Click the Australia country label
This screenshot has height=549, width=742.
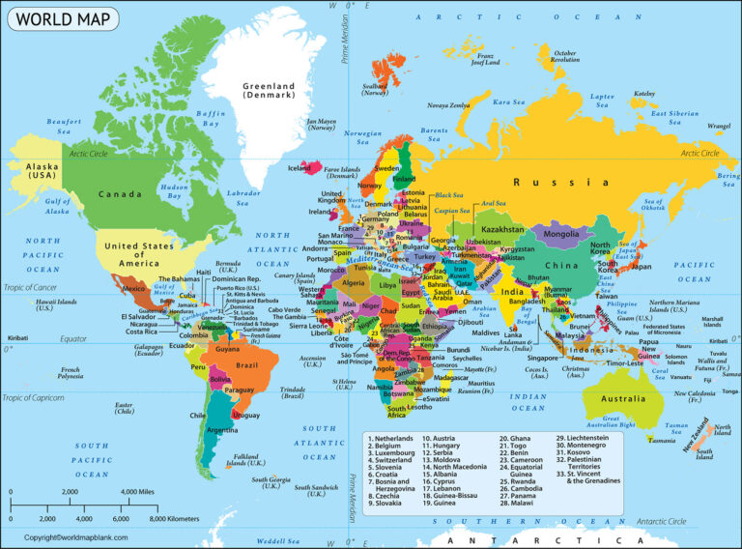[x=623, y=398]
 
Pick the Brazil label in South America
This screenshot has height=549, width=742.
[x=248, y=365]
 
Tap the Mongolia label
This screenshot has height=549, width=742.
[x=562, y=234]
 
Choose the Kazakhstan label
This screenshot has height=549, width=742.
[x=501, y=229]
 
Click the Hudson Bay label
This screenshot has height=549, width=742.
[x=174, y=191]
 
